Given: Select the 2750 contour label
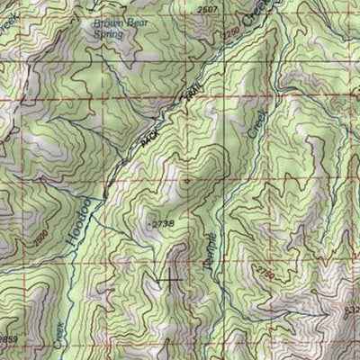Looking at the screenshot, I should [263, 269].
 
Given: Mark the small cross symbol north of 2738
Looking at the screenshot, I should [187, 180].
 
